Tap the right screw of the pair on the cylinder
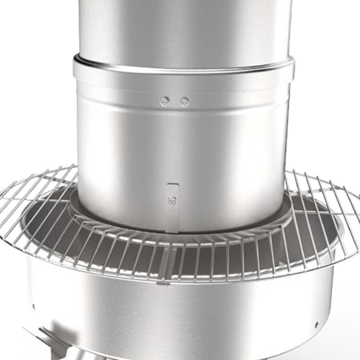[x=184, y=102]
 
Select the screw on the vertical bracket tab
[x=171, y=200]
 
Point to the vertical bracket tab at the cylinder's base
[x=172, y=207]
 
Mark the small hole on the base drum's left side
[x=34, y=307]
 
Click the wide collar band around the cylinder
[x=184, y=79]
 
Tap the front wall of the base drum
[x=180, y=315]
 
